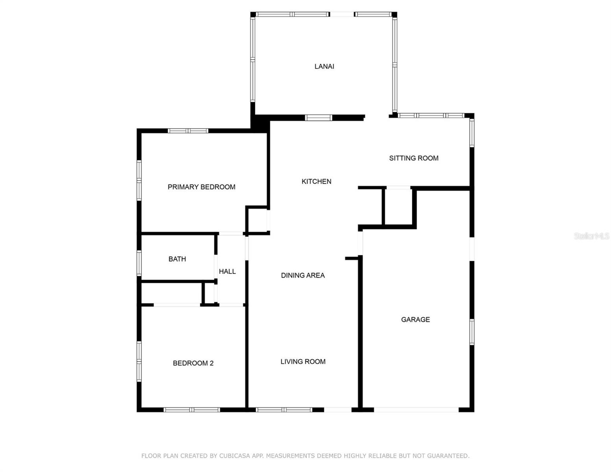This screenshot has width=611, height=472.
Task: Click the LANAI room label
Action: click(x=324, y=66)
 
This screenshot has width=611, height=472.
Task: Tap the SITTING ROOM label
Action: click(x=413, y=158)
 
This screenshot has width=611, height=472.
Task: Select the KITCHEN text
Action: click(x=316, y=181)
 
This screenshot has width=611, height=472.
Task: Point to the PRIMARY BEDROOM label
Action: click(x=201, y=187)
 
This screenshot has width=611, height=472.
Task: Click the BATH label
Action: click(x=177, y=259)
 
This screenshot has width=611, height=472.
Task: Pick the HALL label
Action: click(x=227, y=271)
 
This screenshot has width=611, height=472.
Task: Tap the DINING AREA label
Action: click(x=303, y=275)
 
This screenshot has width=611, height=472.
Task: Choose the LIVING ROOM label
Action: click(x=303, y=361)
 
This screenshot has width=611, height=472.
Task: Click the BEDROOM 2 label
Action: click(x=193, y=363)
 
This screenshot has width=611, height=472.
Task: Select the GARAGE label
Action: click(x=415, y=319)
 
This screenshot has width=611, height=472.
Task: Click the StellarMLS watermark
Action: click(x=591, y=236)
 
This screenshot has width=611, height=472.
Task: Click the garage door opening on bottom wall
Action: click(x=416, y=410)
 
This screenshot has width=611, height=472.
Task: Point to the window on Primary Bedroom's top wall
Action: click(x=188, y=131)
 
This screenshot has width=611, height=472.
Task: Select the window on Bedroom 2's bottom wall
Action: click(x=192, y=410)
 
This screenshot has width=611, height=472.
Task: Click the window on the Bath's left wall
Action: click(x=139, y=263)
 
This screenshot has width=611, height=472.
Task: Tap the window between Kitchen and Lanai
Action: click(x=319, y=117)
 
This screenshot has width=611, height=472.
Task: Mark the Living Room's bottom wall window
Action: click(x=284, y=410)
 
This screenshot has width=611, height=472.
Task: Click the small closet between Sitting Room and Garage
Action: click(x=398, y=206)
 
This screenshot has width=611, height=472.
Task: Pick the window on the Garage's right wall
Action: click(x=472, y=332)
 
